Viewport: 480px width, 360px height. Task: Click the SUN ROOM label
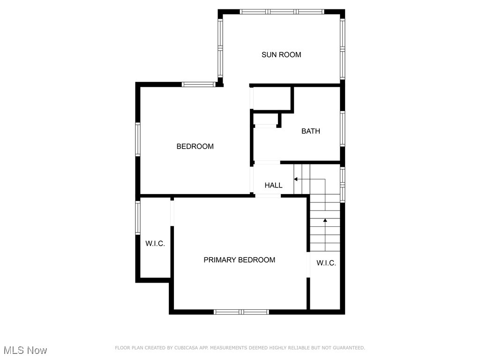pyautogui.click(x=281, y=54)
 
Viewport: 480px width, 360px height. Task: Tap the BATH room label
pyautogui.click(x=311, y=131)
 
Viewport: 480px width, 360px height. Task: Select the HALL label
pyautogui.click(x=273, y=185)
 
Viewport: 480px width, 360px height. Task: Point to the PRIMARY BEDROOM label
pyautogui.click(x=239, y=260)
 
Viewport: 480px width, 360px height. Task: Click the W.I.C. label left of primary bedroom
pyautogui.click(x=155, y=243)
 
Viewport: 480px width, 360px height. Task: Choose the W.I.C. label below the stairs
pyautogui.click(x=326, y=263)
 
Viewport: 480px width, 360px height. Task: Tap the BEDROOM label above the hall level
pyautogui.click(x=195, y=146)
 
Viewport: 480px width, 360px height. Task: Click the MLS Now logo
pyautogui.click(x=25, y=350)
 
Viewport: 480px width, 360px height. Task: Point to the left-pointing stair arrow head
pyautogui.click(x=296, y=179)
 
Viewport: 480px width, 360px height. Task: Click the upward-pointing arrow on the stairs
pyautogui.click(x=325, y=220)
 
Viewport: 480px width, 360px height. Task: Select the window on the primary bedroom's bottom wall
pyautogui.click(x=241, y=312)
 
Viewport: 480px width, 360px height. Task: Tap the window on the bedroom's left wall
pyautogui.click(x=138, y=139)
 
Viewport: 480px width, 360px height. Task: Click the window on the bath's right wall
pyautogui.click(x=343, y=129)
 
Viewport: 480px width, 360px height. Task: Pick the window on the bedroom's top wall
pyautogui.click(x=198, y=84)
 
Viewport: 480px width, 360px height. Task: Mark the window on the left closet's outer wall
pyautogui.click(x=138, y=217)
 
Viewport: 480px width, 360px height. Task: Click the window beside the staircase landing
pyautogui.click(x=343, y=185)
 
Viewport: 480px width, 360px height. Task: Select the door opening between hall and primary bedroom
pyautogui.click(x=268, y=196)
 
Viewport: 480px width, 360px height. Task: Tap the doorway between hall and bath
pyautogui.click(x=267, y=163)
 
